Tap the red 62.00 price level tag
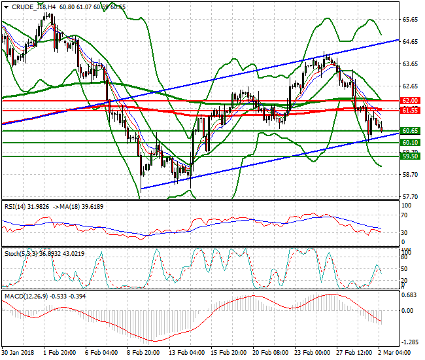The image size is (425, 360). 410,100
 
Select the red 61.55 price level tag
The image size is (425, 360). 410,111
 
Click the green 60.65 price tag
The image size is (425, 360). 410,131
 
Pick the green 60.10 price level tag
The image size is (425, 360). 410,142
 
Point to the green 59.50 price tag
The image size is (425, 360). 410,156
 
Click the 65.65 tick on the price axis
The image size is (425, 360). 410,20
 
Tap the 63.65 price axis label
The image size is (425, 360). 410,64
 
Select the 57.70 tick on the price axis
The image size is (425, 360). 410,196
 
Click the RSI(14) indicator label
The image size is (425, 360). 16,206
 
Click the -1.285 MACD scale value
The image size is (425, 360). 409,342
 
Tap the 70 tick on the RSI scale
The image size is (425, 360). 405,220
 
